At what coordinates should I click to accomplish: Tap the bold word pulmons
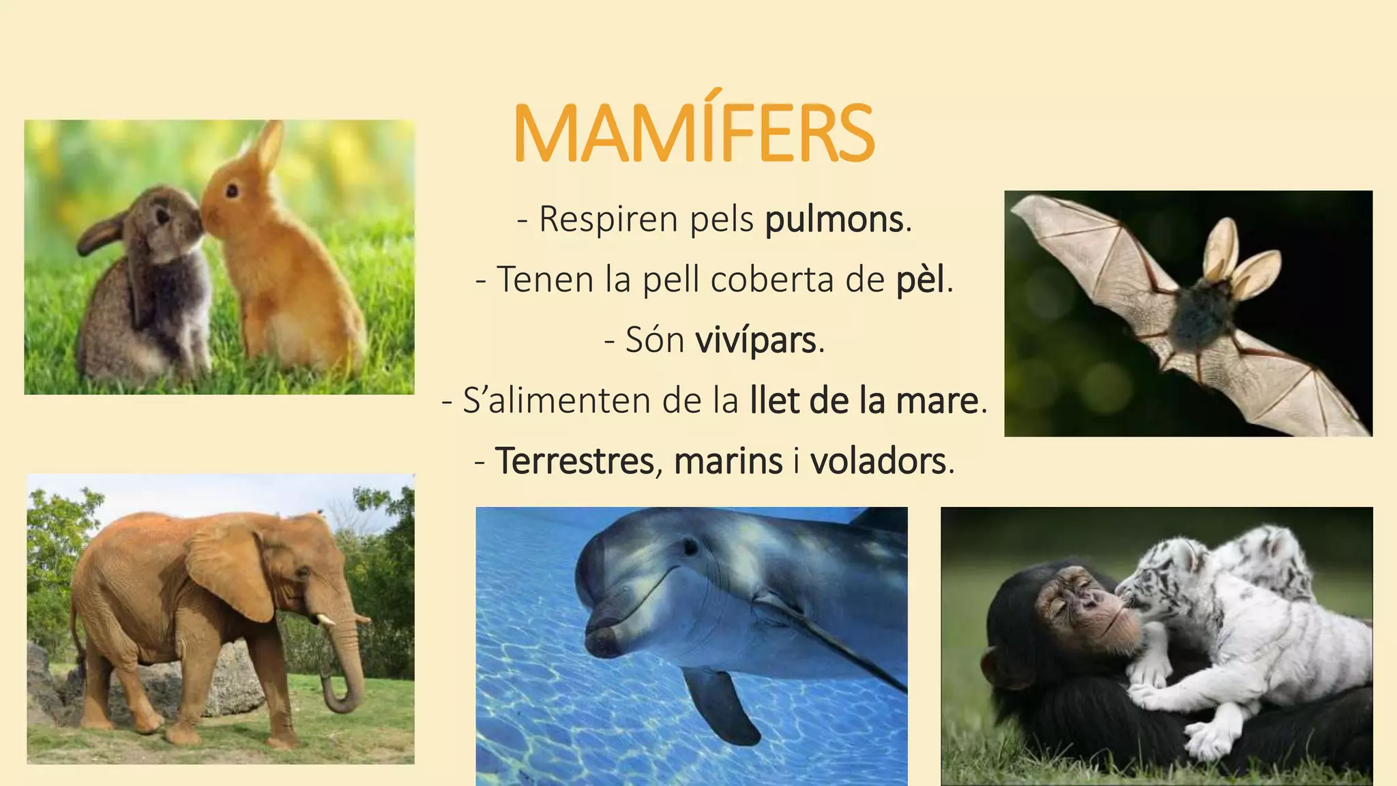point(834,220)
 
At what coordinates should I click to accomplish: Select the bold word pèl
point(921,280)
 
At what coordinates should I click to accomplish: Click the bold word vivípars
point(756,340)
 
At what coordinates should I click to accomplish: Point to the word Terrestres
point(575,461)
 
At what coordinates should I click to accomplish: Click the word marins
point(728,461)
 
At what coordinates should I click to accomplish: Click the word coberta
point(772,280)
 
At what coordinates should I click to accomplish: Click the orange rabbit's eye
point(233,190)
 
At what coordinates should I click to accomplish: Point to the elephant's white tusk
point(326,620)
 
